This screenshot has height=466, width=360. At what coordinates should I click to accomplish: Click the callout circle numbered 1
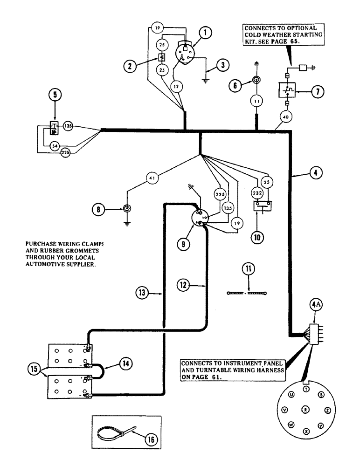tap(206, 33)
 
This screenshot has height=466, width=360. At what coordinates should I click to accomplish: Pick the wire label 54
tap(55, 147)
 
